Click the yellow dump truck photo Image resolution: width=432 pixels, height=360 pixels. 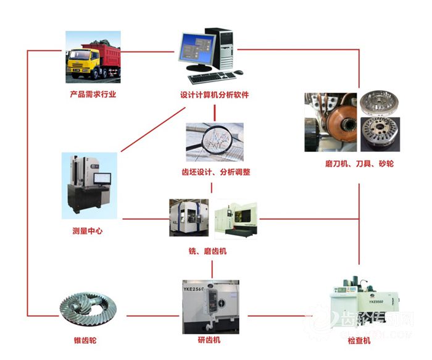(93, 57)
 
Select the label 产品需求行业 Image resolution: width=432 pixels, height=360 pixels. (93, 94)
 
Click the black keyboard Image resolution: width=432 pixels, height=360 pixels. (211, 77)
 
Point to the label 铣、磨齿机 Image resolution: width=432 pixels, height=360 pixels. (211, 251)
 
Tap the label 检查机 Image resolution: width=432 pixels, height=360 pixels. (359, 341)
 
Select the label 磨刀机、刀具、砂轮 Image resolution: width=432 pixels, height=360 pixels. (359, 164)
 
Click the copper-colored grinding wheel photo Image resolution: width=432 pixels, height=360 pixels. (331, 122)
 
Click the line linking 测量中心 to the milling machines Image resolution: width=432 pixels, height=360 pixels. (146, 219)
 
